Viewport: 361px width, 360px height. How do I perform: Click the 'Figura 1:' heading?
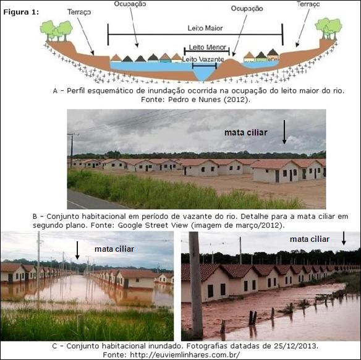click(21, 12)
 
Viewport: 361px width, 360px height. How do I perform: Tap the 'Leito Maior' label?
click(205, 28)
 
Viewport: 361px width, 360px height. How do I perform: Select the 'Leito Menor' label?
click(208, 47)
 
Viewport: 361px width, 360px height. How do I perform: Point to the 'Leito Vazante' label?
click(203, 59)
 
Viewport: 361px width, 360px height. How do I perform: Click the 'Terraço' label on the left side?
click(79, 12)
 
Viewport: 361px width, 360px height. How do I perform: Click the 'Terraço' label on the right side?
click(308, 4)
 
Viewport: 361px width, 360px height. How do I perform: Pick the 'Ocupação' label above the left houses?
click(130, 4)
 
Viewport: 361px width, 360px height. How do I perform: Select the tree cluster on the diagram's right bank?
click(328, 28)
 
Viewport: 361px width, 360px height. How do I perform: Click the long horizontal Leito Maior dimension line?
click(195, 34)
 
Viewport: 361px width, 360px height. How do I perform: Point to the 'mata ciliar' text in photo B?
click(245, 132)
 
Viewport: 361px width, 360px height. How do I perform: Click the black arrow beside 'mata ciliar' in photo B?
click(284, 132)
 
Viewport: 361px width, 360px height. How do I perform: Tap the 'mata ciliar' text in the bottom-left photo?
click(114, 249)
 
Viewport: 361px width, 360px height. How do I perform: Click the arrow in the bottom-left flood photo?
click(77, 250)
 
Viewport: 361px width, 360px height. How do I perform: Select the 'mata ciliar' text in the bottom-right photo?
click(310, 239)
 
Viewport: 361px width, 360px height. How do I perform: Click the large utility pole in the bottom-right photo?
click(196, 286)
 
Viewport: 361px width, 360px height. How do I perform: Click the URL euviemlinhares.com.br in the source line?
click(185, 354)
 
